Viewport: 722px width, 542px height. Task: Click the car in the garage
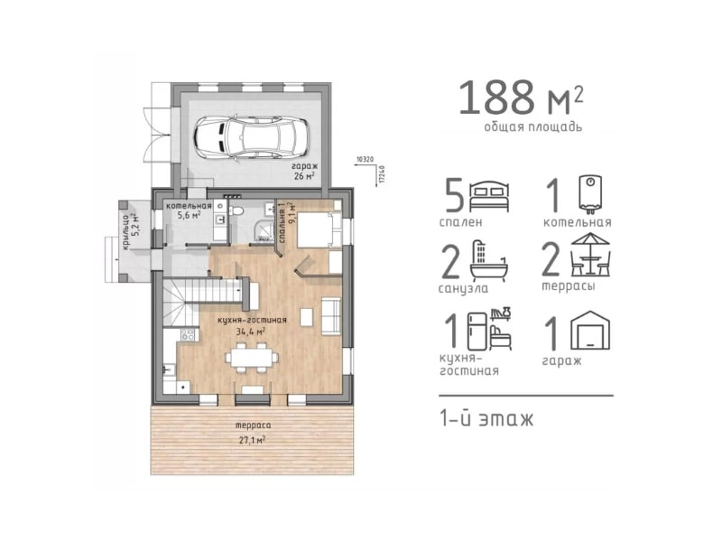point(252,137)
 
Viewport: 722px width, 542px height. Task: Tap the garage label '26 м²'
point(304,175)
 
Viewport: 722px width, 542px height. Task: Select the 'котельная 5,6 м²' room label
point(190,210)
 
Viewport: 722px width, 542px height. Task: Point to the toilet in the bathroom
point(237,212)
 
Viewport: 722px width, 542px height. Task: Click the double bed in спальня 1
point(319,230)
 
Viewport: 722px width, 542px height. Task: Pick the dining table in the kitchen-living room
point(252,358)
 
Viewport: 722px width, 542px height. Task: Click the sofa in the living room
point(331,316)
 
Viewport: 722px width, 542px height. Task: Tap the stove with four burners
point(188,334)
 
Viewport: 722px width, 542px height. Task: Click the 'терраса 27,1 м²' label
point(253,433)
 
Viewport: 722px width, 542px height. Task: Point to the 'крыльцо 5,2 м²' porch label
point(130,230)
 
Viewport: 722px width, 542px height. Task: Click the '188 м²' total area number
point(521,98)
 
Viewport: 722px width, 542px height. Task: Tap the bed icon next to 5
point(489,197)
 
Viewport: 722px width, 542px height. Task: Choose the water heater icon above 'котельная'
point(590,194)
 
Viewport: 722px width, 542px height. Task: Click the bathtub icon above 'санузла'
point(488,261)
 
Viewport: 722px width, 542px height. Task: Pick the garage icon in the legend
point(590,331)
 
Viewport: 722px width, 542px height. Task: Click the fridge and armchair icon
point(489,329)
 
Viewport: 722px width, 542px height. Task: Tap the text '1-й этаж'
point(486,419)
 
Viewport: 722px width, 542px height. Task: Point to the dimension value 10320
point(365,160)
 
